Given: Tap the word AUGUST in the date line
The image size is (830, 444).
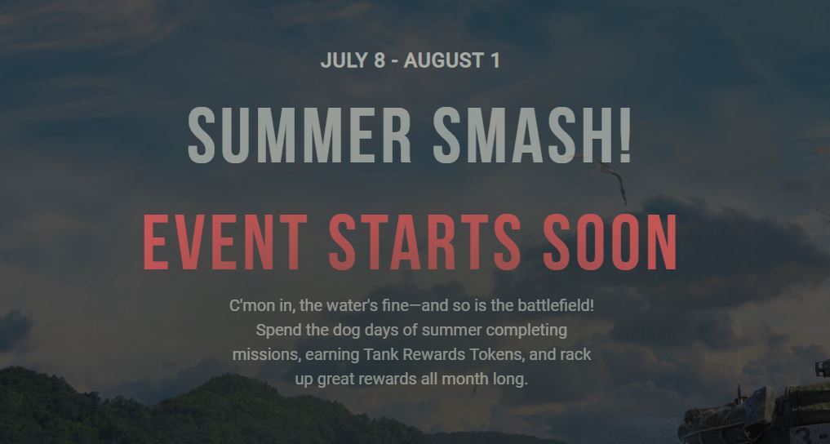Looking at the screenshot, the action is click(445, 60).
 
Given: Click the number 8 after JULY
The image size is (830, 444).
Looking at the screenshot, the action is click(379, 60).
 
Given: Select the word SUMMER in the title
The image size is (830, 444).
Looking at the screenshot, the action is click(300, 135).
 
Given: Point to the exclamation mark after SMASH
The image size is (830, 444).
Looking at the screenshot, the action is click(625, 135).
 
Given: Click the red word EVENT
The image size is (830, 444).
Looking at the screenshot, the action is click(225, 242).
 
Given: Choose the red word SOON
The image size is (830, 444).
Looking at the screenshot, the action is click(610, 242).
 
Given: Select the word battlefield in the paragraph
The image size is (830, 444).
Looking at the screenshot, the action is click(556, 305).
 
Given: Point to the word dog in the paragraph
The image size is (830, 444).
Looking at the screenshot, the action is click(346, 331).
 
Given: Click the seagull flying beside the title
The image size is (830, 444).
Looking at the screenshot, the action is click(609, 177).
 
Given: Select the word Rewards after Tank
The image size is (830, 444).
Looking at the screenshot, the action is click(434, 354).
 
